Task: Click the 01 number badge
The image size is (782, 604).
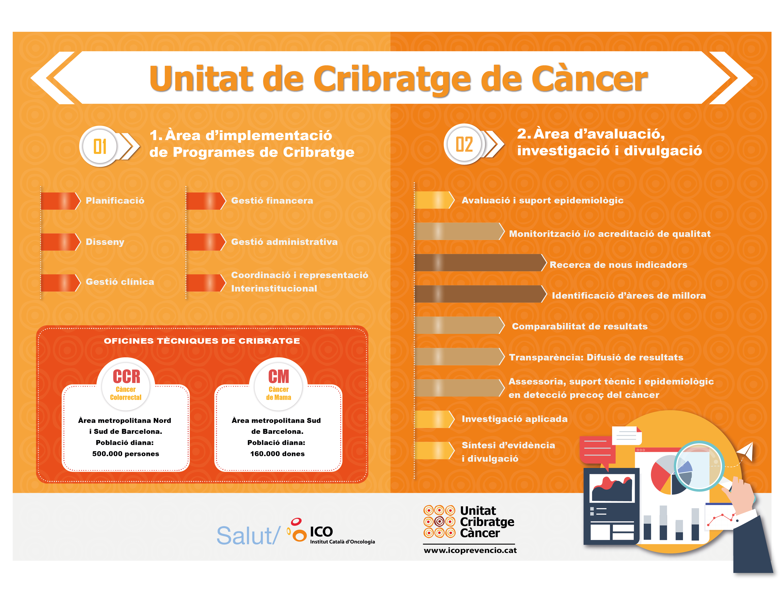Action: pyautogui.click(x=99, y=147)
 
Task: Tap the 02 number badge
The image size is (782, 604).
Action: pyautogui.click(x=464, y=144)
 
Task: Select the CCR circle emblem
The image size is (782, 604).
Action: pyautogui.click(x=126, y=384)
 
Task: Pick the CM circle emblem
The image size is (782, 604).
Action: pyautogui.click(x=279, y=384)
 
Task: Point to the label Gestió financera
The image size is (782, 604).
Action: pyautogui.click(x=272, y=201)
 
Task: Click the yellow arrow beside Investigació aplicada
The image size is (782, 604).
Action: pyautogui.click(x=434, y=419)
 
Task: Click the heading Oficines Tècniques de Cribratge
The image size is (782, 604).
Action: pyautogui.click(x=202, y=341)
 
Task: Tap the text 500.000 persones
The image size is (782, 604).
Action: pyautogui.click(x=126, y=454)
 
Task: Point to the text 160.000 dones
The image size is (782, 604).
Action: pyautogui.click(x=277, y=454)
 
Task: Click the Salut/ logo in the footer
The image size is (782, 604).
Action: pyautogui.click(x=248, y=536)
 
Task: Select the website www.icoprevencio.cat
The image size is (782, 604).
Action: pyautogui.click(x=470, y=550)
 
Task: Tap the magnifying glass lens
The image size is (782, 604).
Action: pyautogui.click(x=699, y=466)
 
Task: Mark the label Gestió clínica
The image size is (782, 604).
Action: pyautogui.click(x=120, y=282)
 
